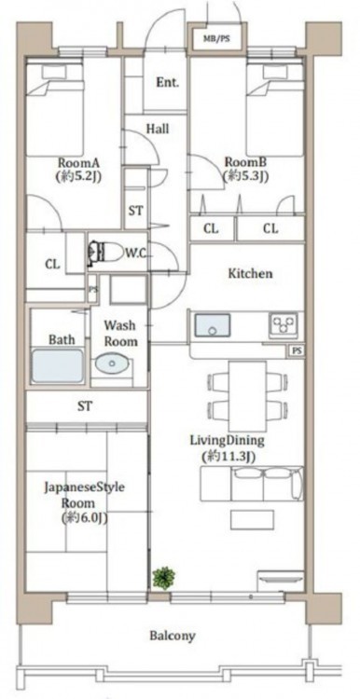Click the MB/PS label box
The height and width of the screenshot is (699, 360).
[x=216, y=38]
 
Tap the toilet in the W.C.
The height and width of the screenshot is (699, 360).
[x=105, y=254]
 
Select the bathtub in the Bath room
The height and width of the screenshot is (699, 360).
[x=57, y=366]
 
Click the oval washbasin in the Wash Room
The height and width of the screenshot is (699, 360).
[x=112, y=363]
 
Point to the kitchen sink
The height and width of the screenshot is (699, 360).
[x=213, y=324]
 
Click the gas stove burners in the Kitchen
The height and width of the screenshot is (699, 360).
[x=284, y=325]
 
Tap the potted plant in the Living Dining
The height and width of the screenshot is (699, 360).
[x=163, y=578]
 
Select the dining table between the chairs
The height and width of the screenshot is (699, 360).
[x=247, y=396]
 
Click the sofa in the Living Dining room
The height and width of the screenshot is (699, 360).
[x=252, y=484]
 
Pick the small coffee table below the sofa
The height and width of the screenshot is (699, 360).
[x=252, y=520]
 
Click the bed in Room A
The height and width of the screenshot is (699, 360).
[x=55, y=109]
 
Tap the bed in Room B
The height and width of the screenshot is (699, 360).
[x=275, y=109]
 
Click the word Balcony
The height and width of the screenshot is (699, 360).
[x=173, y=636]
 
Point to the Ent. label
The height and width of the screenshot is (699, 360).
[x=167, y=82]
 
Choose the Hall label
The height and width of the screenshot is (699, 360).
[x=158, y=129]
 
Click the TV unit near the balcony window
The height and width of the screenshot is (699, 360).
[x=281, y=580]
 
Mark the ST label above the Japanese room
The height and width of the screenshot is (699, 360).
[x=85, y=406]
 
